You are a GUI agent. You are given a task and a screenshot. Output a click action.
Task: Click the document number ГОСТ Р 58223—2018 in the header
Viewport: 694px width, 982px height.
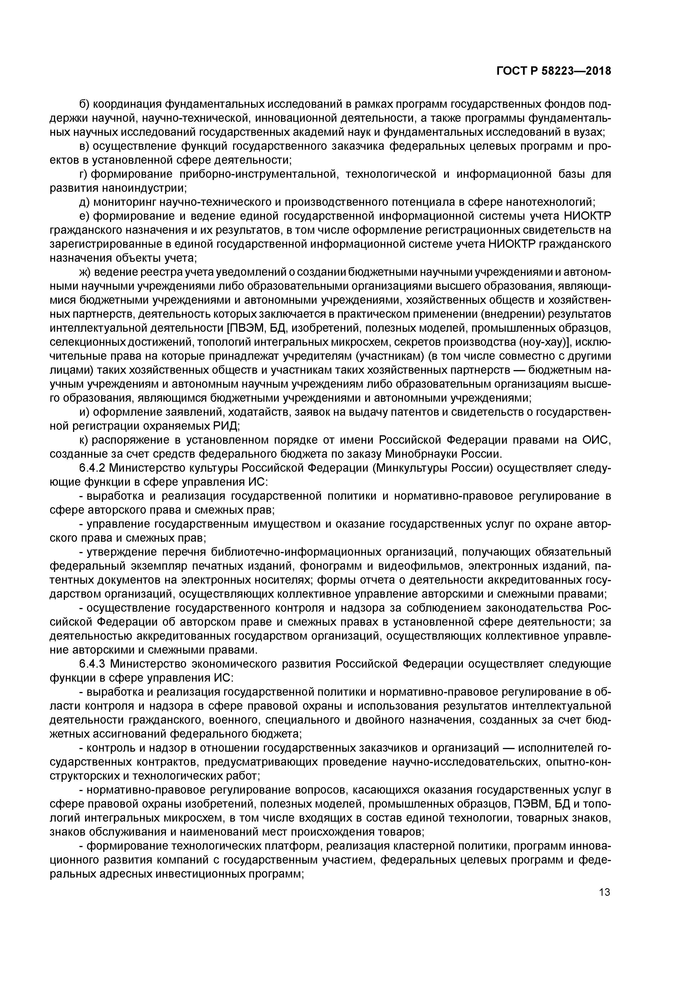click(554, 71)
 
